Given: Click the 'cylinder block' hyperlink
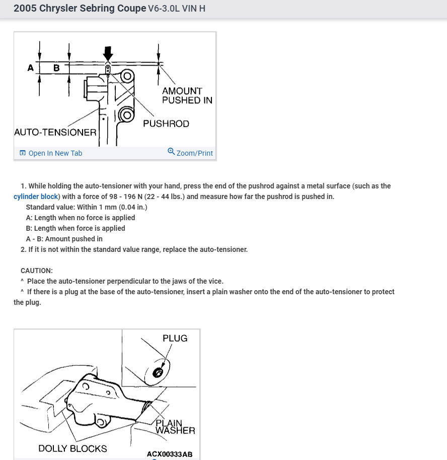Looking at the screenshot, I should tap(36, 196).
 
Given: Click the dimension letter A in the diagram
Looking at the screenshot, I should tap(31, 68).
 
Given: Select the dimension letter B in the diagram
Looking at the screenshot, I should tap(56, 68).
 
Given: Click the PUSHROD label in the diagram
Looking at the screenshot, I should tap(166, 123).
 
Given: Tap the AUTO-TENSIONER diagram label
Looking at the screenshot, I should tap(55, 133).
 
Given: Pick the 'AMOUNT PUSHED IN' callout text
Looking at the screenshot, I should tap(186, 95).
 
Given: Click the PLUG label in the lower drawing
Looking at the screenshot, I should tap(175, 338).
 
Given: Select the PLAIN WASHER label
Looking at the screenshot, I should tap(175, 427).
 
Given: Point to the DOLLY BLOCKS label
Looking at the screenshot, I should tap(72, 448).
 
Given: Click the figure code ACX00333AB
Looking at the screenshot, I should tap(170, 454).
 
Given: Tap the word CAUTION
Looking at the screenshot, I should tap(37, 271).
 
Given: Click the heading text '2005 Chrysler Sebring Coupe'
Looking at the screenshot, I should tap(80, 9).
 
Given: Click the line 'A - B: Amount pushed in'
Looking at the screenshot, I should tap(64, 239).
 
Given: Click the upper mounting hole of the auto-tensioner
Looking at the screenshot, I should tap(127, 76).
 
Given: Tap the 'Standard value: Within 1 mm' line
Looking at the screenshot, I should tap(86, 207).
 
